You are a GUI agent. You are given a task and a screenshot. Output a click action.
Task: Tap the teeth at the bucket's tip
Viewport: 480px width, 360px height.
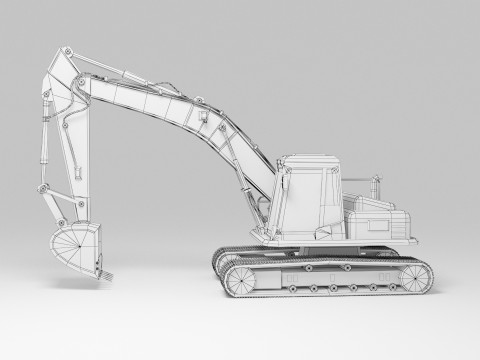click(101, 269)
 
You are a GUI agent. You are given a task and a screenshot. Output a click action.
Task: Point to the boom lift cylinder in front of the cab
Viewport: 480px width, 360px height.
click(240, 170)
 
